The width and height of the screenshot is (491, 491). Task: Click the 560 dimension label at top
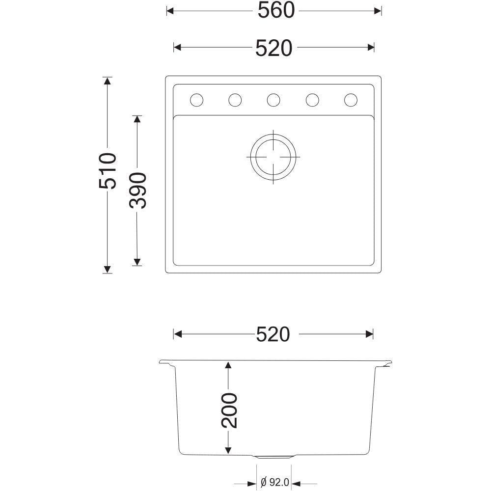[x=276, y=10]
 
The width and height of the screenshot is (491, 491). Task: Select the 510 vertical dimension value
[x=108, y=171]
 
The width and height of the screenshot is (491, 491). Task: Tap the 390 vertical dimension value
[x=137, y=191]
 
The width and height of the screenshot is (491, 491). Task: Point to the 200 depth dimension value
[x=229, y=410]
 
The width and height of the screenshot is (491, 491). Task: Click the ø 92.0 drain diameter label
[x=274, y=482]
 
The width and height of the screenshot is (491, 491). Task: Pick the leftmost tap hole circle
[x=197, y=100]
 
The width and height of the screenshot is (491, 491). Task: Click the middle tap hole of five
[x=273, y=100]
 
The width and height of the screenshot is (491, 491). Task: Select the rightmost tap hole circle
[x=351, y=100]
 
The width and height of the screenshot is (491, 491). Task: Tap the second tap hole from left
[x=235, y=100]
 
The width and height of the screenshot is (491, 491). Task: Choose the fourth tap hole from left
[x=312, y=100]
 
